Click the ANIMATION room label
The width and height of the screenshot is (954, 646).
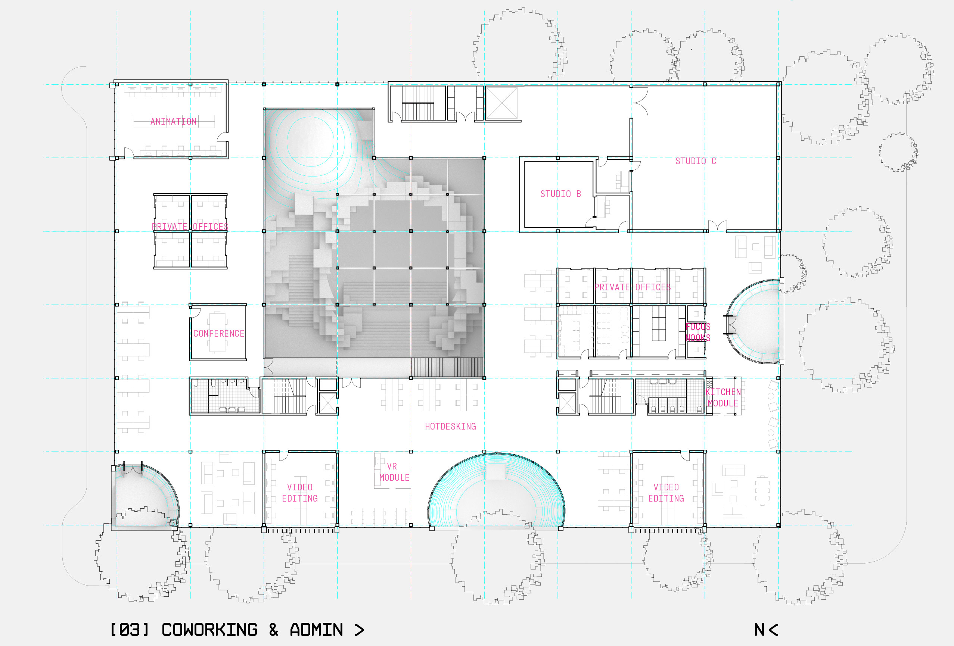click(x=173, y=122)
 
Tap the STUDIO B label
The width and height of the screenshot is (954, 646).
click(x=560, y=194)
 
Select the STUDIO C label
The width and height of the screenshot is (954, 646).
click(x=695, y=161)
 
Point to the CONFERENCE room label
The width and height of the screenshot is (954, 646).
click(x=218, y=333)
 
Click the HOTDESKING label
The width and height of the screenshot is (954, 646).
click(x=450, y=427)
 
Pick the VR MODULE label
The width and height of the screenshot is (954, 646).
click(x=394, y=472)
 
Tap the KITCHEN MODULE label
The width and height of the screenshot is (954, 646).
click(x=723, y=398)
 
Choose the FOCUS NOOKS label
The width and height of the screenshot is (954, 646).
click(x=698, y=332)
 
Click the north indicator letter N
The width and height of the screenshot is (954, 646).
click(x=759, y=630)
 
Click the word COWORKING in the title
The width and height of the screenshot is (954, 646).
click(x=209, y=630)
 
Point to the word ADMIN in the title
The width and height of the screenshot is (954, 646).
click(x=316, y=630)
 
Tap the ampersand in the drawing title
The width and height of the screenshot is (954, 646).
click(x=273, y=630)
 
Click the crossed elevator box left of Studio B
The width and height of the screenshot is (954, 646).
click(x=501, y=103)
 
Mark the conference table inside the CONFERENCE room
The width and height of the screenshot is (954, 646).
click(x=217, y=333)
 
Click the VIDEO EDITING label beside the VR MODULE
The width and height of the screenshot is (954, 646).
click(x=300, y=493)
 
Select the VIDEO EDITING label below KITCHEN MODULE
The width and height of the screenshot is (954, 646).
click(x=666, y=493)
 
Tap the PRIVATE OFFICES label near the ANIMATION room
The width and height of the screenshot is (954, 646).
click(x=190, y=227)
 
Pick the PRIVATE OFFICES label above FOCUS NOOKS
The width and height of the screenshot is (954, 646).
click(x=632, y=287)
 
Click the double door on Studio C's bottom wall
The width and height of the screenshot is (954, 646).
click(x=717, y=226)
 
